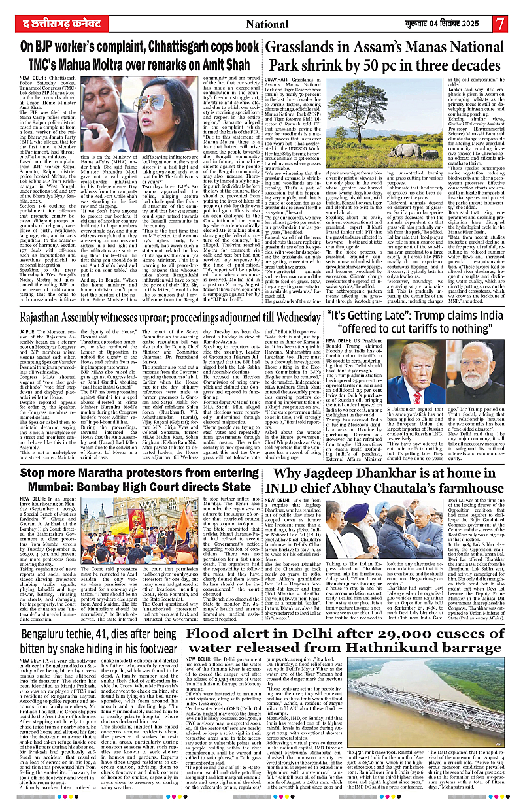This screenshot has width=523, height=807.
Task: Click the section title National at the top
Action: point(268,24)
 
